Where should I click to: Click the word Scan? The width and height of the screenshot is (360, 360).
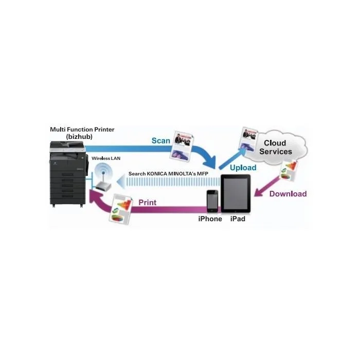coord(160,140)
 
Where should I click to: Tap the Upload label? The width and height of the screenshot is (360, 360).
coord(243,168)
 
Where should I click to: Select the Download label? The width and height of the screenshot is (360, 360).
coord(288,194)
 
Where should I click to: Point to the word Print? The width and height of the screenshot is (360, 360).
coord(148,203)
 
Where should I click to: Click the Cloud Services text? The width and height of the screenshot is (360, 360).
coord(276,147)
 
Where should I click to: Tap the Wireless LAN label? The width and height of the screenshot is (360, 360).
coord(106,158)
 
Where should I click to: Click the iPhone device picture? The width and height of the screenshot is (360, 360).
coord(212,201)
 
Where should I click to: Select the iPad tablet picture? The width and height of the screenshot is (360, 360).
coord(236,193)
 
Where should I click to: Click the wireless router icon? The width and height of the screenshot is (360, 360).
coord(103,177)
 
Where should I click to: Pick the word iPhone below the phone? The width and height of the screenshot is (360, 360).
coord(210,219)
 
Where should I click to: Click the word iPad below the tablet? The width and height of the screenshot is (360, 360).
coord(238,219)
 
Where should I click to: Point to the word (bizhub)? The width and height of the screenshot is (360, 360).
coord(79,137)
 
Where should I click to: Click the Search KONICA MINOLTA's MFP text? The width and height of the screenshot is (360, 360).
coord(168,174)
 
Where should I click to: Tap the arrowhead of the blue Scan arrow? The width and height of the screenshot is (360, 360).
coord(210,163)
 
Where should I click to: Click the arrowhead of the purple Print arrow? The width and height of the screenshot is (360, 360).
coord(94,198)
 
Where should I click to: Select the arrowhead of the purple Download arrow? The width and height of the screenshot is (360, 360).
coord(259,192)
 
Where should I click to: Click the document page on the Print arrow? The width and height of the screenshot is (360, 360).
coord(121,209)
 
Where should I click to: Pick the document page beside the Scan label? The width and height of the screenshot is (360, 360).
coord(182,146)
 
